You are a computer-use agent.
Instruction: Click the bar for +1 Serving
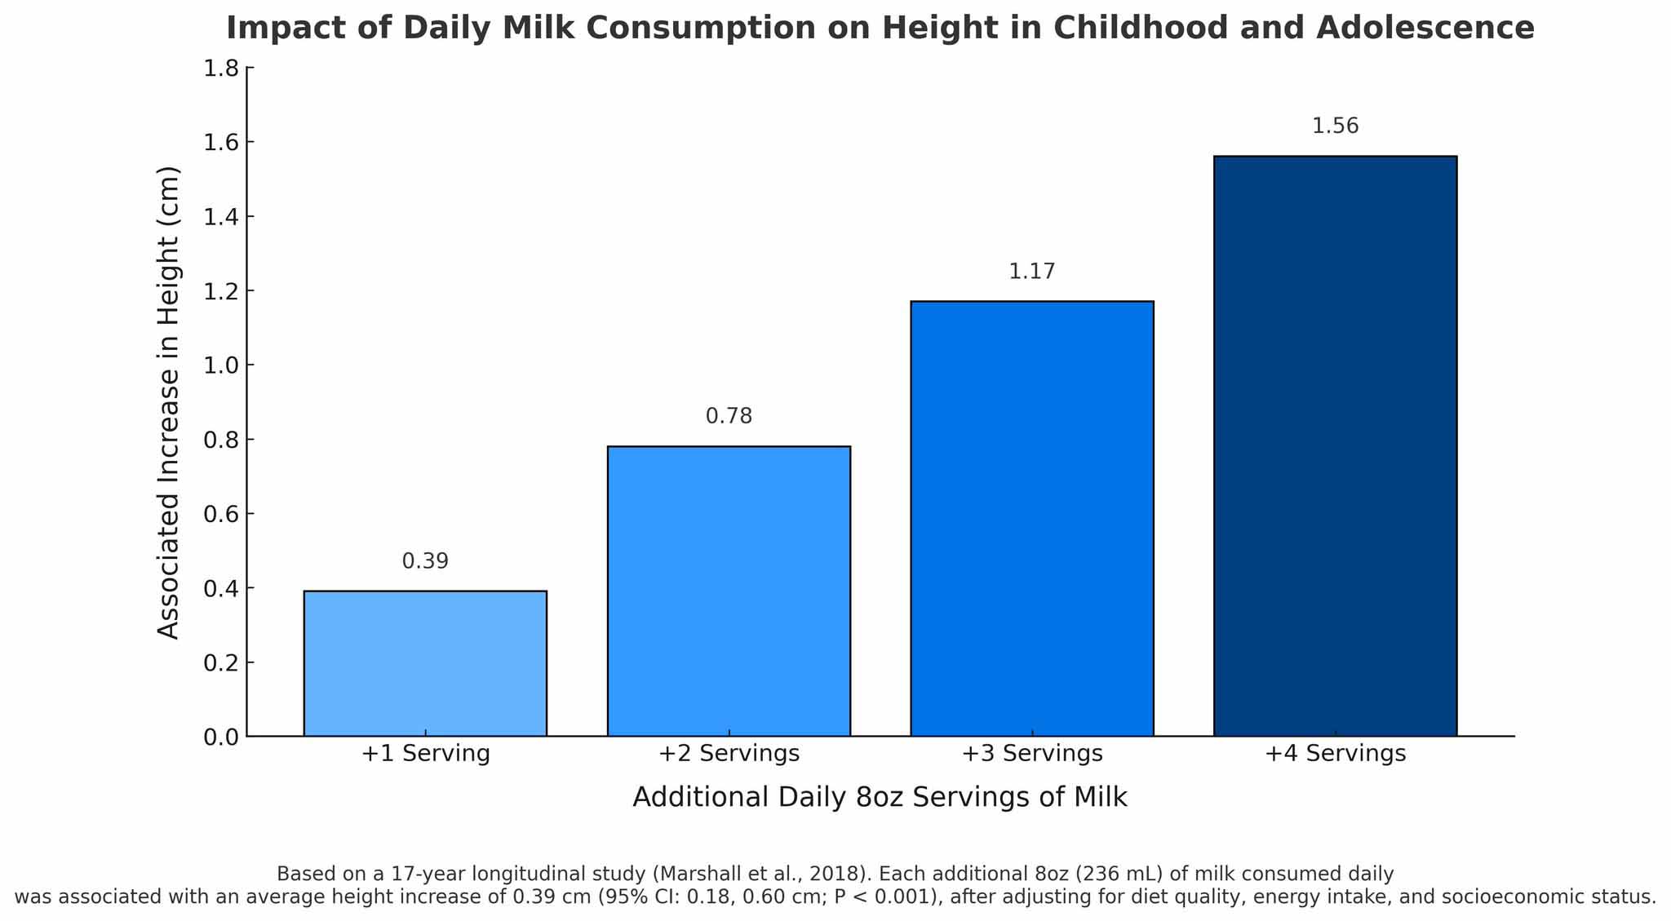425,662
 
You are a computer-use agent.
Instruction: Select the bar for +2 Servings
729,591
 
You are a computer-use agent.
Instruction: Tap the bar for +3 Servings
1032,518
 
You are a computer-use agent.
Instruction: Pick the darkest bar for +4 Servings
1335,445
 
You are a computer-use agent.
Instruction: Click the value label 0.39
425,561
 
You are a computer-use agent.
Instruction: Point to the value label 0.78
729,417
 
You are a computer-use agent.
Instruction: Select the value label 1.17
1032,272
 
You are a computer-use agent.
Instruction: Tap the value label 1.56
1335,126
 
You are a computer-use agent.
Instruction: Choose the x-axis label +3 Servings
1032,753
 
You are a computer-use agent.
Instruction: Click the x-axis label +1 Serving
425,753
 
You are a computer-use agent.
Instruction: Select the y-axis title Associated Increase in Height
168,402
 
